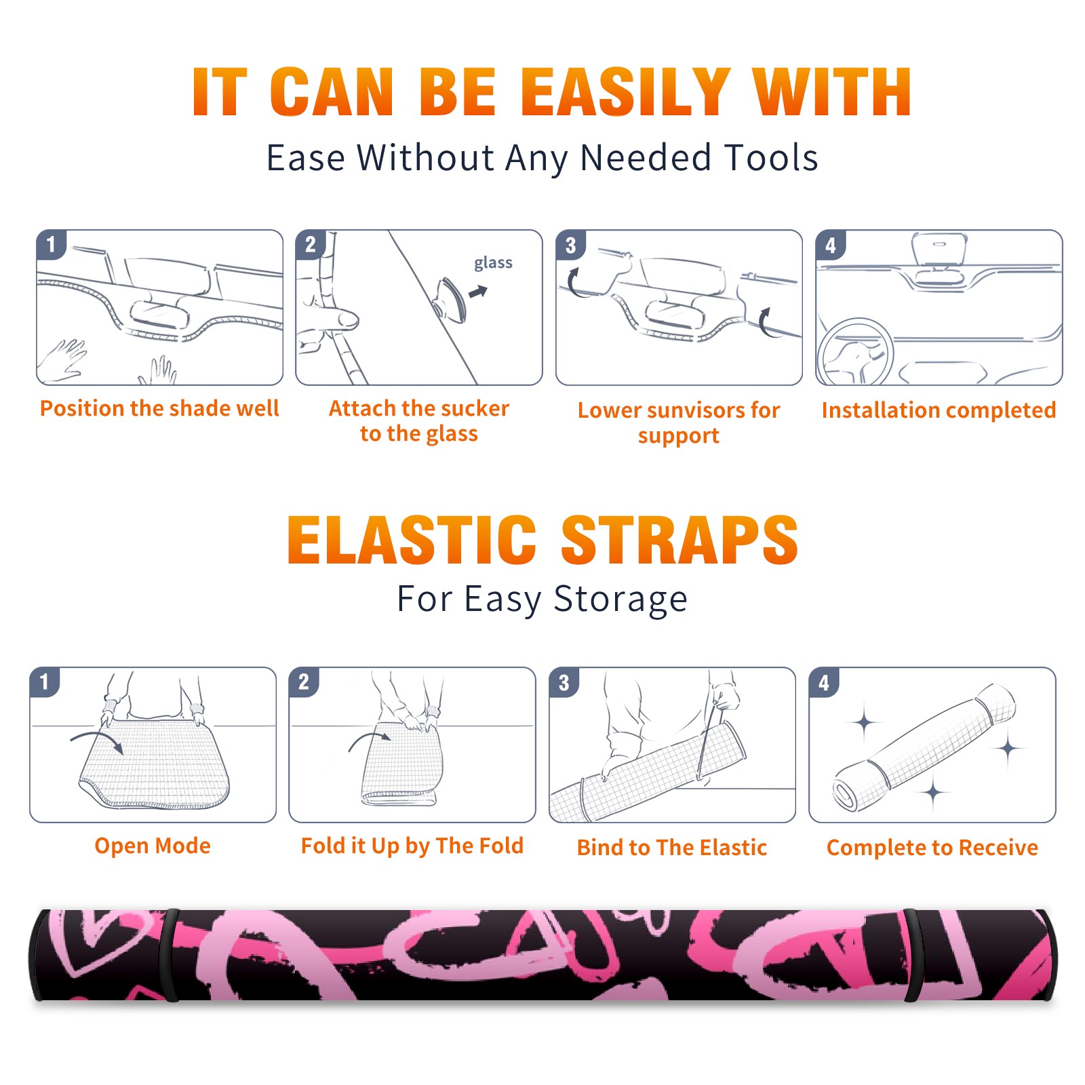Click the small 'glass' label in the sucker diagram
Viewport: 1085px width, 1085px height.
(493, 263)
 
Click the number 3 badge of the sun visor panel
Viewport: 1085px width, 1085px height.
(570, 245)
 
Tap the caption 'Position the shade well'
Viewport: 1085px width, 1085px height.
(159, 408)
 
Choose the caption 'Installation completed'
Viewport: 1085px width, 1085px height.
(939, 410)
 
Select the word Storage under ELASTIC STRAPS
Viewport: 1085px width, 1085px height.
(620, 599)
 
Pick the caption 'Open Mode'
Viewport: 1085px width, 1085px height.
(153, 846)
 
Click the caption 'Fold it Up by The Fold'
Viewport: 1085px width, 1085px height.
(412, 846)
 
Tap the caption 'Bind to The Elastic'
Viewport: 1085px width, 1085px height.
(672, 848)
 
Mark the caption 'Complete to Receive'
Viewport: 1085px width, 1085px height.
(932, 848)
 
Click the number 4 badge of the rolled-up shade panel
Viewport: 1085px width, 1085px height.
(824, 682)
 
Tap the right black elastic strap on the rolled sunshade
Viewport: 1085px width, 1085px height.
(913, 956)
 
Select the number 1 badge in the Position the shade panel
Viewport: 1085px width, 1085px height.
(51, 245)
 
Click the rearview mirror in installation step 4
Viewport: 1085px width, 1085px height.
(939, 250)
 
